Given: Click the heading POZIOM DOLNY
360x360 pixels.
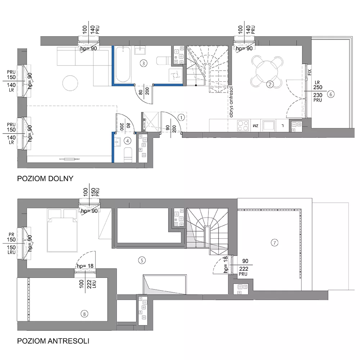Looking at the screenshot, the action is [45, 179].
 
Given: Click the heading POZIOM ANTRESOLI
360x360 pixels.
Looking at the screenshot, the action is [53, 341].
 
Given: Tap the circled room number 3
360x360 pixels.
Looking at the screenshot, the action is [144, 63].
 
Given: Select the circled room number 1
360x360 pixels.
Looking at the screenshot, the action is [181, 118].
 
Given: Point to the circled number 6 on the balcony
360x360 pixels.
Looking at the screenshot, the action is [330, 94].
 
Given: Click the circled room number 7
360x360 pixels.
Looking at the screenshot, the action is [275, 242].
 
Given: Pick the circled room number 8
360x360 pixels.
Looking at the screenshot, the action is [84, 314].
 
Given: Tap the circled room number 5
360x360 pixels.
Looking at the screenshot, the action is [142, 260].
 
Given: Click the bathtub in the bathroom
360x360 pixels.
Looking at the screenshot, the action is [123, 64].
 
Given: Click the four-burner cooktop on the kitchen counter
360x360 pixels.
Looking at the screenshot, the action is [243, 125].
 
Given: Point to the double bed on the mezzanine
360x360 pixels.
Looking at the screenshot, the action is [62, 230].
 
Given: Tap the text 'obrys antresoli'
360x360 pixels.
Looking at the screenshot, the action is [231, 101].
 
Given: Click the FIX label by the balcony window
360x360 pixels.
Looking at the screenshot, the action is [310, 72].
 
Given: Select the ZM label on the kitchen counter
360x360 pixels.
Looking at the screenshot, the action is [255, 126].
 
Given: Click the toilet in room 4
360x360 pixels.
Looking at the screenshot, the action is [128, 154].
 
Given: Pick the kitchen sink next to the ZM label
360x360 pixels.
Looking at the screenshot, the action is [268, 125].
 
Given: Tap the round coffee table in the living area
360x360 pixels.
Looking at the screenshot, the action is [70, 83].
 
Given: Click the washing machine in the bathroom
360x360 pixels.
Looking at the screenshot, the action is [176, 75].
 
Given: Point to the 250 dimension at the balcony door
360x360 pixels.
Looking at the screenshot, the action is [318, 87].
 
